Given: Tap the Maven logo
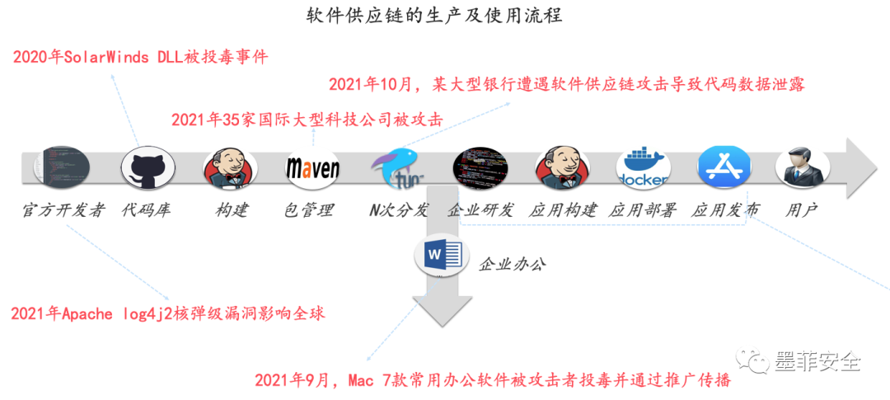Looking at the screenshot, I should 312,169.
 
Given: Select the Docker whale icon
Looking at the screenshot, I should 643,168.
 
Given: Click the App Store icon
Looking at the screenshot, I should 724,167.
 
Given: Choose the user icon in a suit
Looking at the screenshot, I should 802,167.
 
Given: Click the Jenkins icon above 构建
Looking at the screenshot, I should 230,168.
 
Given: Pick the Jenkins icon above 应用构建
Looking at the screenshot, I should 563,168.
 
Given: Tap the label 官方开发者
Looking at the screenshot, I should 63,209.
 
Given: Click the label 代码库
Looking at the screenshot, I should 146,209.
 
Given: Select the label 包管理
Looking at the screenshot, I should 309,209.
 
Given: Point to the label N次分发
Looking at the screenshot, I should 399,209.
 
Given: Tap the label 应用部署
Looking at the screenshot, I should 643,209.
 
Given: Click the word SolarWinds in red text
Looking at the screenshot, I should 107,58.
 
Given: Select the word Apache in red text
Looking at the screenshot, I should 88,314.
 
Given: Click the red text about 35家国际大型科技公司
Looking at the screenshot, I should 307,120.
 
